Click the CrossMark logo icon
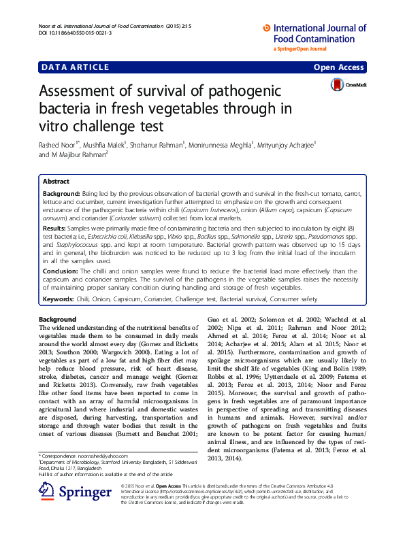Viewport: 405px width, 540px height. coord(338,85)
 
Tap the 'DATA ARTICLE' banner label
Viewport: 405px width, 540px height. coord(75,67)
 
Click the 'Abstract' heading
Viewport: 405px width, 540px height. coord(56,182)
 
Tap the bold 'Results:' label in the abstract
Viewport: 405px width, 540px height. coord(56,232)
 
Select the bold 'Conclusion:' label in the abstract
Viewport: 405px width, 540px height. coord(61,271)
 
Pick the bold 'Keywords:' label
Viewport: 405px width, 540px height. coord(59,299)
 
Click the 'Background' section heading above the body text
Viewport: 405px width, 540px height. coord(58,320)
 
